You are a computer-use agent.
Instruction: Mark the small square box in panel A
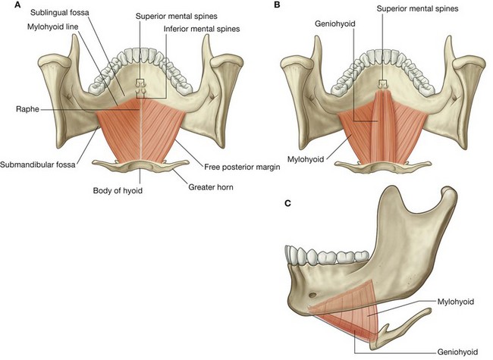tap(140, 83)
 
